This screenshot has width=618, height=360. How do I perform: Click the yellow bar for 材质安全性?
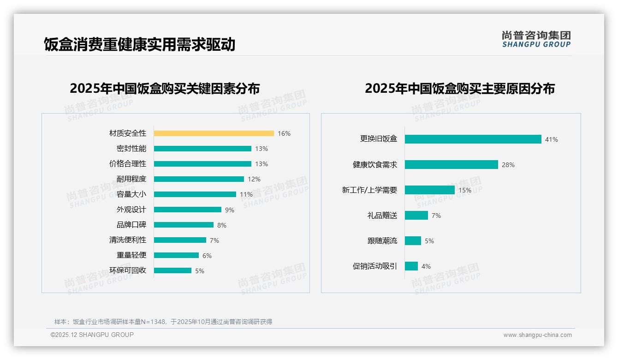214,133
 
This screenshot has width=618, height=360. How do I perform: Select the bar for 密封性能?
202,149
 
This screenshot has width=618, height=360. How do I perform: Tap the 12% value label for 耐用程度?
254,179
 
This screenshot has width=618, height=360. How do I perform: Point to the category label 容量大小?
131,194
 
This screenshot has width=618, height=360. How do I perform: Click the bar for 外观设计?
187,210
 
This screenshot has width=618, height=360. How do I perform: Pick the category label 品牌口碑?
131,225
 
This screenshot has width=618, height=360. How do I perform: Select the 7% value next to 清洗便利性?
214,240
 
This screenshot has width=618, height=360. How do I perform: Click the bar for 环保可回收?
172,270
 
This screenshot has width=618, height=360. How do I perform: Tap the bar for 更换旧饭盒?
473,139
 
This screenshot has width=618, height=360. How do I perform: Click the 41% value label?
551,139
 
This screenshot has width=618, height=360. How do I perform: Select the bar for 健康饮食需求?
451,165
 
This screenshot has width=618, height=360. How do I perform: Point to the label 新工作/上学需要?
369,190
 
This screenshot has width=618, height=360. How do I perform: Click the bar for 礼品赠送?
416,216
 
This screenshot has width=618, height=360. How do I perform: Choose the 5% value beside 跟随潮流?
429,241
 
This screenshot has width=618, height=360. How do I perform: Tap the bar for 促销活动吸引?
411,266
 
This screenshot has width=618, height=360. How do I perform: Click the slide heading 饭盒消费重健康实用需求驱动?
140,44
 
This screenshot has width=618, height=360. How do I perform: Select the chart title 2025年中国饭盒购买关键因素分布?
165,88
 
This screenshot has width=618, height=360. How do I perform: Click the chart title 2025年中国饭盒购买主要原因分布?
460,88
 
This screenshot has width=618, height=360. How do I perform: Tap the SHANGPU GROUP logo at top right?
536,39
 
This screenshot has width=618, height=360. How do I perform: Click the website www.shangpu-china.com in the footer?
537,335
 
